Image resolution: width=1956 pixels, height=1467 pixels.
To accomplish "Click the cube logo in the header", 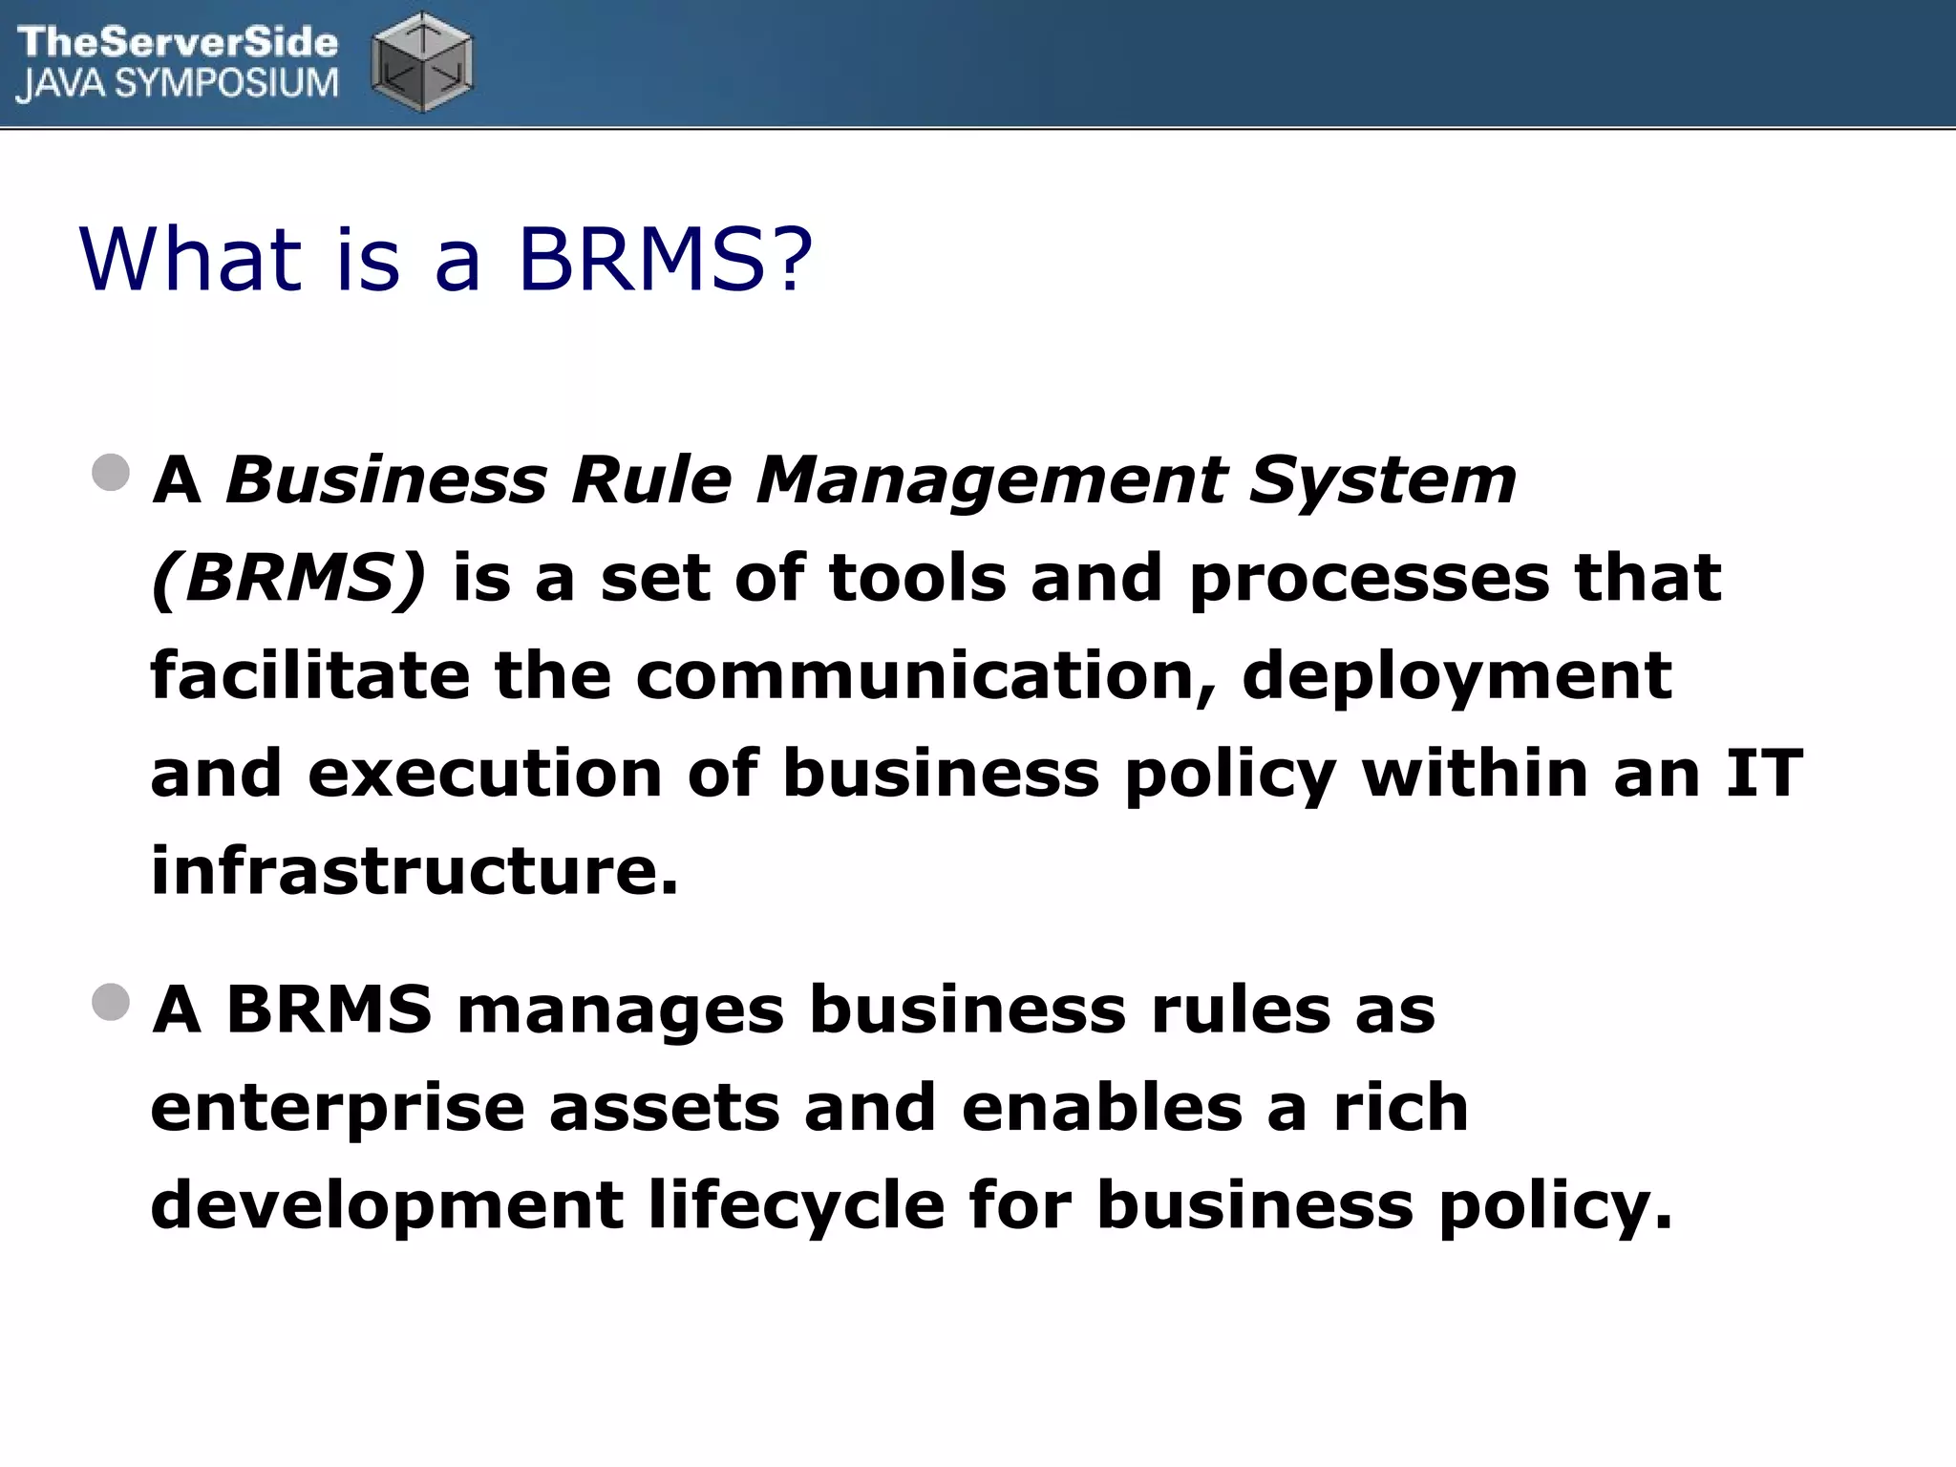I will point(421,63).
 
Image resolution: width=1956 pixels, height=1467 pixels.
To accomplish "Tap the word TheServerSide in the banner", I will point(178,42).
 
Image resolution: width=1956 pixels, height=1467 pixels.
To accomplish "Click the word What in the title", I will point(191,259).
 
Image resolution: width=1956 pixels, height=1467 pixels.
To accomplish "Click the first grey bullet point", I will point(112,473).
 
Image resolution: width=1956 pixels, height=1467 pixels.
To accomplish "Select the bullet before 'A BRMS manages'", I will point(112,1003).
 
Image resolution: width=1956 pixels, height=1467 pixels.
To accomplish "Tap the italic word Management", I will point(990,479).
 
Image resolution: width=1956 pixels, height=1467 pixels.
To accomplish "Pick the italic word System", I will point(1382,479).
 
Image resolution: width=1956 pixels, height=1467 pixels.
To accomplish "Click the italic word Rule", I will point(650,479).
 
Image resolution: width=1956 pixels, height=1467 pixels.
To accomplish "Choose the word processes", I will point(1369,580).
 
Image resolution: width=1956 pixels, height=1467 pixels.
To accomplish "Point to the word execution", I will point(485,774).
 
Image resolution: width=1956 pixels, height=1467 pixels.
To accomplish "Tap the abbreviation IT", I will point(1764,774).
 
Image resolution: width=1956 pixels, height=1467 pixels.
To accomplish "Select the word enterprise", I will point(338,1111).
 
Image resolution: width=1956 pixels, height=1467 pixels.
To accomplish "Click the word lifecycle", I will point(797,1206).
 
